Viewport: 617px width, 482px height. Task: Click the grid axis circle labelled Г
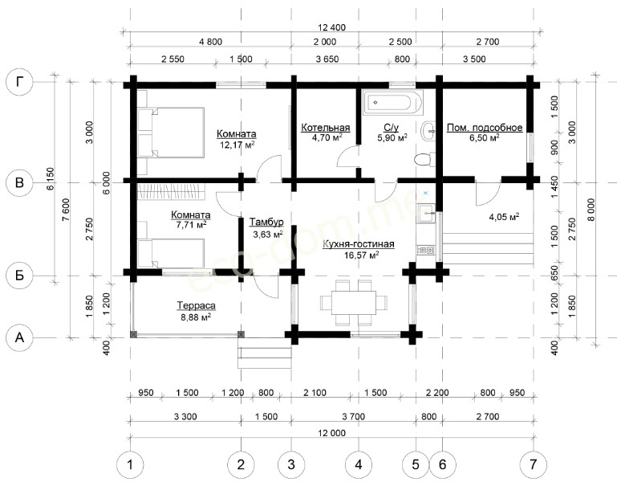[x=19, y=83]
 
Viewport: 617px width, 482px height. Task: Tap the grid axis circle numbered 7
[x=534, y=464]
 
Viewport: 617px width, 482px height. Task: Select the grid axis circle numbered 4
[x=359, y=464]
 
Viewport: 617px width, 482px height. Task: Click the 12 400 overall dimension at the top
[x=331, y=27]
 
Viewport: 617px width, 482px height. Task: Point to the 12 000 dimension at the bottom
[x=331, y=433]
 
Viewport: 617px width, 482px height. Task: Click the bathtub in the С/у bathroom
[x=392, y=103]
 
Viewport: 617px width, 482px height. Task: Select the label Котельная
[x=326, y=128]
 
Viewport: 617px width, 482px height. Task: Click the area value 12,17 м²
[x=237, y=145]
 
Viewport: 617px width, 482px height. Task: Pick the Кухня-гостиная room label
[x=359, y=244]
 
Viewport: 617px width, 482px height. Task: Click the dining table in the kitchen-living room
[x=353, y=303]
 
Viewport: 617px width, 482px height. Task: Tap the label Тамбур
[x=266, y=223]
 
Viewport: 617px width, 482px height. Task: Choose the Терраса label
[x=196, y=305]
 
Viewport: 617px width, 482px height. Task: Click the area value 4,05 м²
[x=504, y=217]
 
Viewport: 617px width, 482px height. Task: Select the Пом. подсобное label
[x=485, y=128]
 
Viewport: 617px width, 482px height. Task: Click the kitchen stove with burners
[x=425, y=250]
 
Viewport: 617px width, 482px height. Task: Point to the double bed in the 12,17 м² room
[x=171, y=133]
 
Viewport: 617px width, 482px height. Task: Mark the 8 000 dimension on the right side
[x=592, y=210]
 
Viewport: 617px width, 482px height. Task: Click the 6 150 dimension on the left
[x=51, y=179]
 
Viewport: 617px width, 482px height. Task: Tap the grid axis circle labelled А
[x=19, y=337]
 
